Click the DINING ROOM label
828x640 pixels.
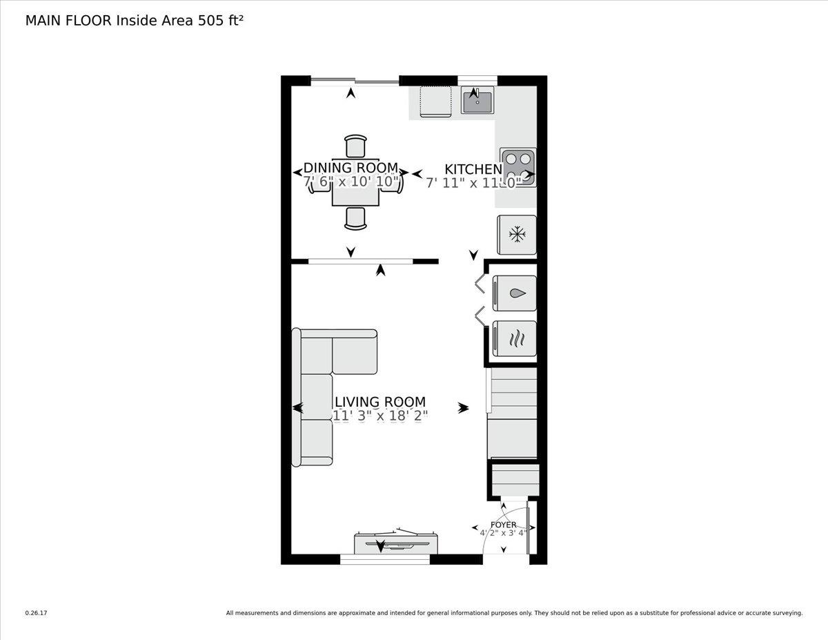pyautogui.click(x=351, y=168)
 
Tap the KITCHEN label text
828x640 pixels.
pyautogui.click(x=473, y=169)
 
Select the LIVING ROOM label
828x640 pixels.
pyautogui.click(x=379, y=402)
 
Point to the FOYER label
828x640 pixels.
pyautogui.click(x=503, y=525)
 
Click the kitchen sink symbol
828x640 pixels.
pyautogui.click(x=477, y=101)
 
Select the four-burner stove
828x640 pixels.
pyautogui.click(x=517, y=168)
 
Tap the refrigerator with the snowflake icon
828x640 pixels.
pyautogui.click(x=516, y=235)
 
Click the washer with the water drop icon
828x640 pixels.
pyautogui.click(x=515, y=293)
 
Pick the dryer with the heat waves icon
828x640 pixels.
pyautogui.click(x=515, y=338)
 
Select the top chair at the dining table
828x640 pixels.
pyautogui.click(x=355, y=146)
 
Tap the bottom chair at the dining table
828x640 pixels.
pyautogui.click(x=355, y=217)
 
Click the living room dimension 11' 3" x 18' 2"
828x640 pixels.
pyautogui.click(x=379, y=416)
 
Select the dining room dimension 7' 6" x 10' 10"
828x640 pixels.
pyautogui.click(x=352, y=182)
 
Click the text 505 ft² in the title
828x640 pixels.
pyautogui.click(x=220, y=21)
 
